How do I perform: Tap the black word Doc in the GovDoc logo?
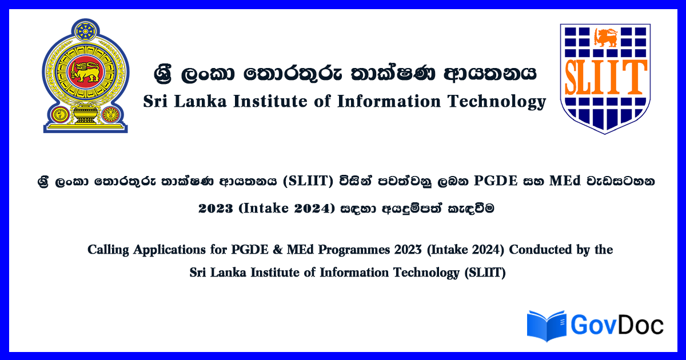[641, 326]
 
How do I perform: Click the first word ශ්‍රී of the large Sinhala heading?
[163, 74]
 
